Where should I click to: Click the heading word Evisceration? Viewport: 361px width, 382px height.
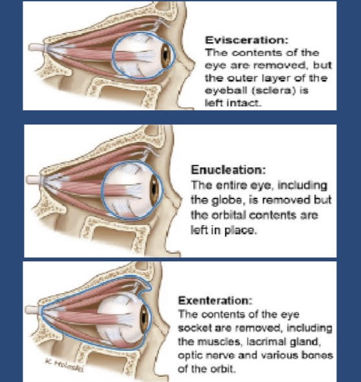(246, 40)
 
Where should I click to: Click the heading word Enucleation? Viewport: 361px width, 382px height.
(228, 170)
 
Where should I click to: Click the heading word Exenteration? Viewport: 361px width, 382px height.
(215, 300)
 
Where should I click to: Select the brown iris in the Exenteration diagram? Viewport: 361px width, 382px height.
(144, 318)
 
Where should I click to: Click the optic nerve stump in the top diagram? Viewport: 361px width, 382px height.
(37, 47)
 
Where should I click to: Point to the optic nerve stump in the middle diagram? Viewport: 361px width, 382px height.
(34, 180)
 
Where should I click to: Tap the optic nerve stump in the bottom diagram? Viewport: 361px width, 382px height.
(32, 309)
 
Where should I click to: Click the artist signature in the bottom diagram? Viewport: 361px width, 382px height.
(64, 365)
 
